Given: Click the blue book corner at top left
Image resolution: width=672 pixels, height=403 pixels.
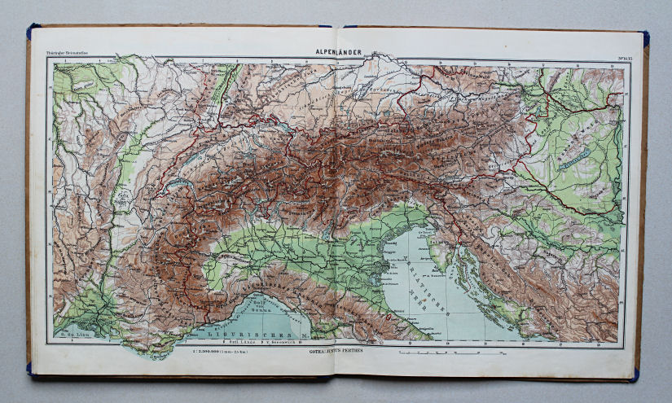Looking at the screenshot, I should pyautogui.click(x=33, y=31).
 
